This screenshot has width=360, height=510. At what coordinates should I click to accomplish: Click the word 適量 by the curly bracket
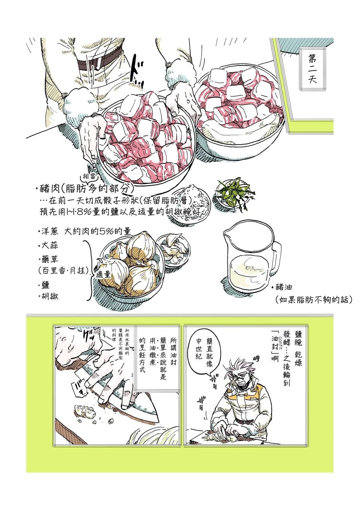tap(103, 274)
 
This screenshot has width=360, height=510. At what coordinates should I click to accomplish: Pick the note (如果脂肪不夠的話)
tap(313, 300)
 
